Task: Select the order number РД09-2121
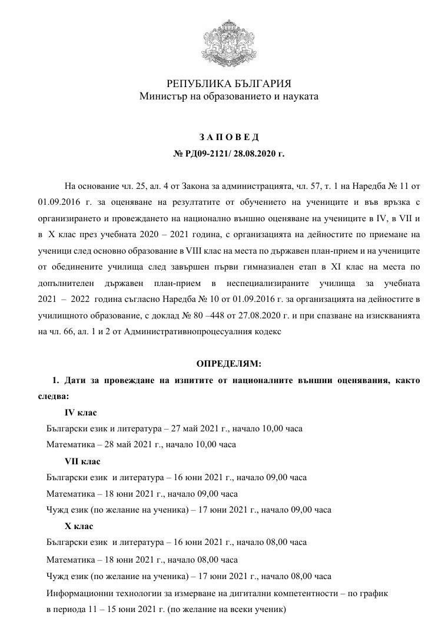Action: pyautogui.click(x=208, y=154)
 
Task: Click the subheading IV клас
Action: pyautogui.click(x=81, y=413)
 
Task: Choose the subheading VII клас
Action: pyautogui.click(x=82, y=461)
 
